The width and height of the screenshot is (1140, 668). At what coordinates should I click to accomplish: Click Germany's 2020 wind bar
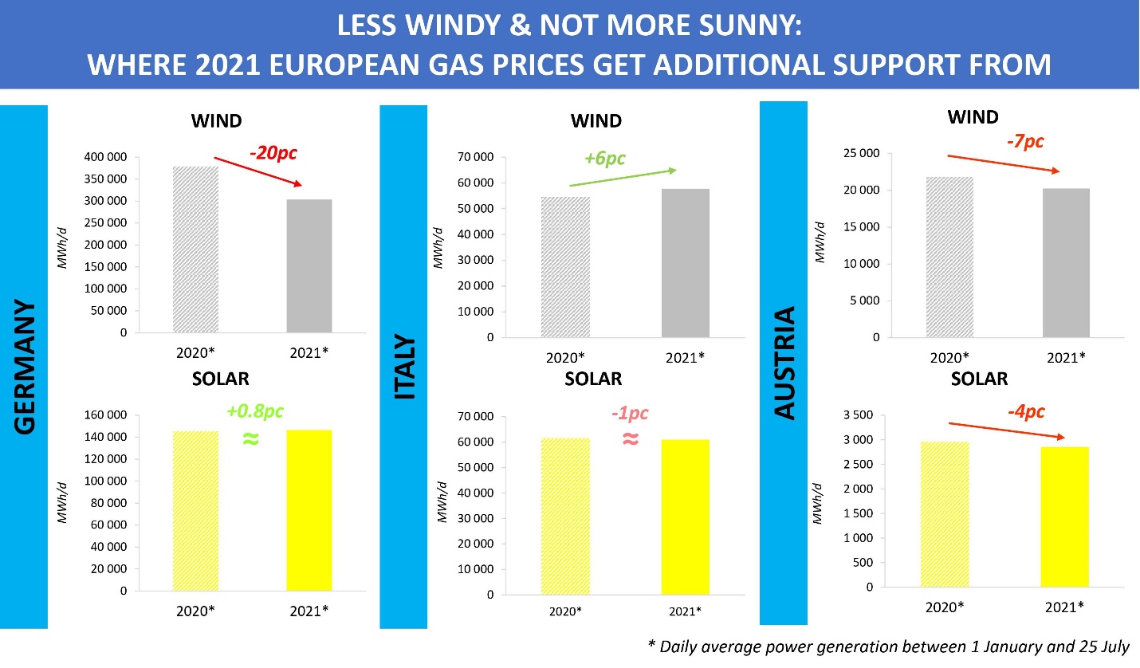click(x=195, y=250)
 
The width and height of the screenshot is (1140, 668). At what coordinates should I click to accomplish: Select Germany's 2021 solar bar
click(x=309, y=510)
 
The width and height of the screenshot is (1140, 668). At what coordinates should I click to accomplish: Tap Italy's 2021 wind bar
click(x=686, y=263)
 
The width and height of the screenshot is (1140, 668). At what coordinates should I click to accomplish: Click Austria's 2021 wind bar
click(x=1066, y=263)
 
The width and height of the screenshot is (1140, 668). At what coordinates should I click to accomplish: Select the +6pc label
click(x=604, y=158)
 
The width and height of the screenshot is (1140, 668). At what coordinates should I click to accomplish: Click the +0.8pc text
click(x=255, y=411)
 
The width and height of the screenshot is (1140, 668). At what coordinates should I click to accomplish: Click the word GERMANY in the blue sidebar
click(x=26, y=367)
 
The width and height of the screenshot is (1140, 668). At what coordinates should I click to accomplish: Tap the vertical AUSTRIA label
click(x=785, y=363)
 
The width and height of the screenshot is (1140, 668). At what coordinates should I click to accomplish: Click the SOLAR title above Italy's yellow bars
click(x=593, y=379)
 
